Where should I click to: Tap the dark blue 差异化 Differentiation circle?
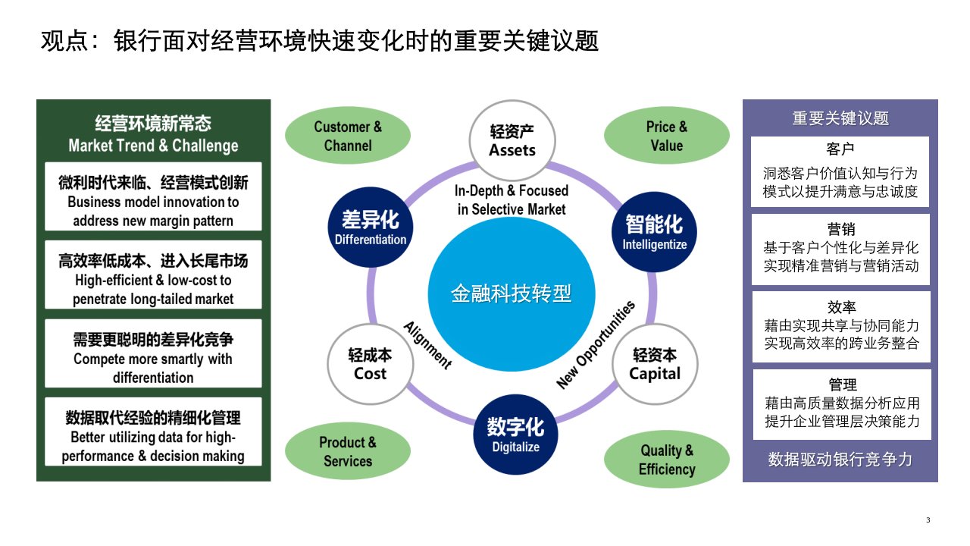tap(371, 228)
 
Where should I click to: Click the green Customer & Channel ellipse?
tap(348, 136)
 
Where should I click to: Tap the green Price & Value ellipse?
tap(667, 136)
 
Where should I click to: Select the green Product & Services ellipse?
tap(348, 451)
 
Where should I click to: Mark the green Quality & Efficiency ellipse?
tap(667, 460)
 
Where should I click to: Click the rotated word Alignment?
tap(428, 346)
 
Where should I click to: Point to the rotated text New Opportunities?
tap(596, 345)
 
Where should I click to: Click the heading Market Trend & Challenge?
tap(153, 146)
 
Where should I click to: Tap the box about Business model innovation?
tap(153, 202)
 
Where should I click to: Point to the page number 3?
tap(928, 519)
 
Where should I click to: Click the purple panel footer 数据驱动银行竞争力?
tap(840, 460)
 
